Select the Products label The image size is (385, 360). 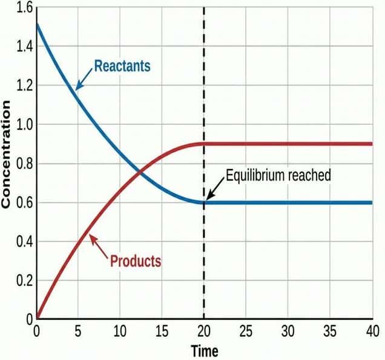[x=136, y=261]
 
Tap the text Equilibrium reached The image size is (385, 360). [x=278, y=176]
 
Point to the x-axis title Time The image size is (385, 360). [x=204, y=350]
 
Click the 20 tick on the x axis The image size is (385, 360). [x=204, y=332]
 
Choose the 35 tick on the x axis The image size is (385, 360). [x=330, y=332]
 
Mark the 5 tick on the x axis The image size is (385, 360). [x=78, y=332]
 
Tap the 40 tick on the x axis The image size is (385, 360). [x=372, y=332]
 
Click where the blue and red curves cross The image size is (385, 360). [x=140, y=172]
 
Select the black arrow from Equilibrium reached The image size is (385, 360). [x=216, y=188]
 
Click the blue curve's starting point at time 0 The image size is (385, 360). [x=36, y=24]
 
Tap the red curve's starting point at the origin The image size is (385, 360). [x=36, y=318]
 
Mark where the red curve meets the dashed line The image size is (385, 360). [x=204, y=144]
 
